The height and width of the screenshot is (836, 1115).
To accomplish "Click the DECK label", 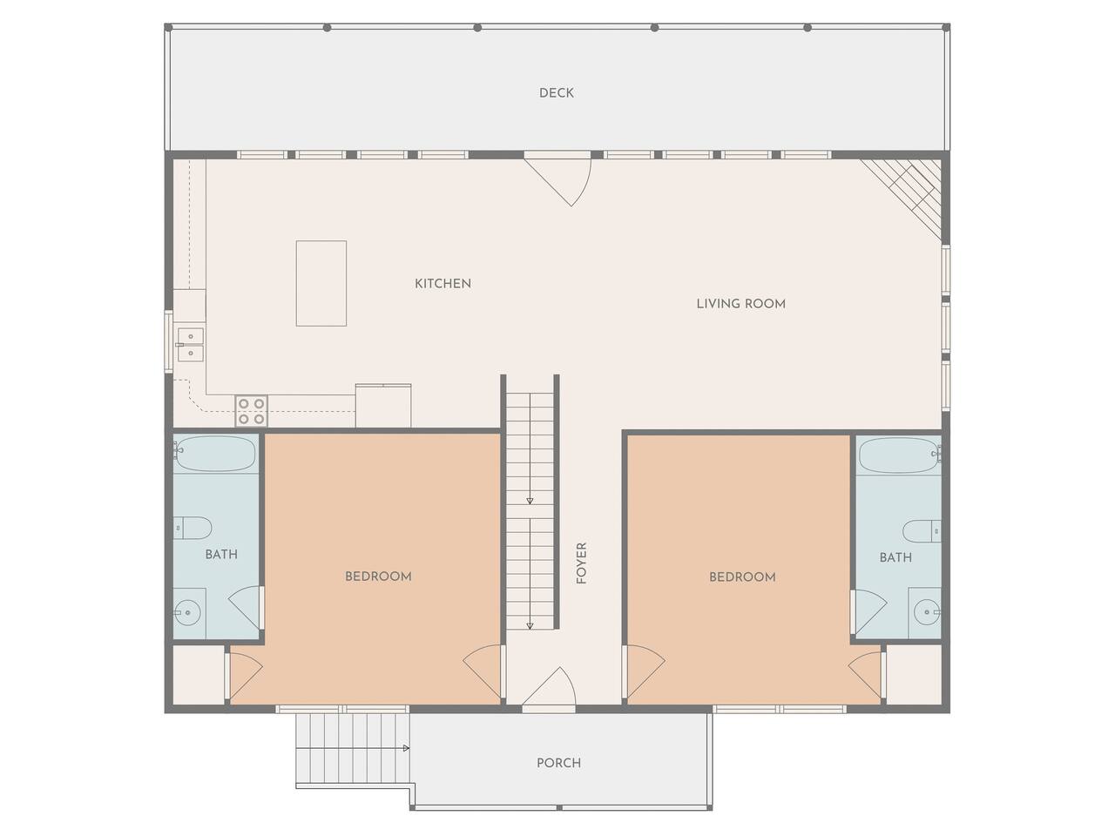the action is [557, 93].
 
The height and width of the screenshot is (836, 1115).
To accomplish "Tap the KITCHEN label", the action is [443, 284].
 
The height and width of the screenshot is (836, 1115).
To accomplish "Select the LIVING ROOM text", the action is [740, 304].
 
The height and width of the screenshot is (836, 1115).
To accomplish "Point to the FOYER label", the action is [582, 563].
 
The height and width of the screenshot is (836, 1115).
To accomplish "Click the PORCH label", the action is [558, 763].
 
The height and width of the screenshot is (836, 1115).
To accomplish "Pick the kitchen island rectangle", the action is [321, 283].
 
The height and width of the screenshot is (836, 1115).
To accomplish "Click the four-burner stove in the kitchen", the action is [252, 411].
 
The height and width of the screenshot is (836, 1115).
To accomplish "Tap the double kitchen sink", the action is [191, 344].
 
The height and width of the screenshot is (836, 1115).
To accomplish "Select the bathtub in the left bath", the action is [215, 454].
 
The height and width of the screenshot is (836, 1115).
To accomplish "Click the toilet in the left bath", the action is [193, 529].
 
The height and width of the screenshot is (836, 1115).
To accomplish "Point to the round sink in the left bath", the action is [187, 613].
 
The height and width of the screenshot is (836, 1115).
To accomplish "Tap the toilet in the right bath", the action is [922, 531].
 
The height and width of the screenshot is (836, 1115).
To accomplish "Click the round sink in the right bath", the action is [928, 613].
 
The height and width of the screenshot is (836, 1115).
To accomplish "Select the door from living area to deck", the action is [557, 182].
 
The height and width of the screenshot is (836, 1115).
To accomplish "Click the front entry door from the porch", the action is [549, 685].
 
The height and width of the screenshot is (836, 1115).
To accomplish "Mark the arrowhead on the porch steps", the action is [407, 748].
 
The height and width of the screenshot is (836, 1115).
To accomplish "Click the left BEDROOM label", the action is [378, 576].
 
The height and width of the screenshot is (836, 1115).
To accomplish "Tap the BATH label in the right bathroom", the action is [895, 557].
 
